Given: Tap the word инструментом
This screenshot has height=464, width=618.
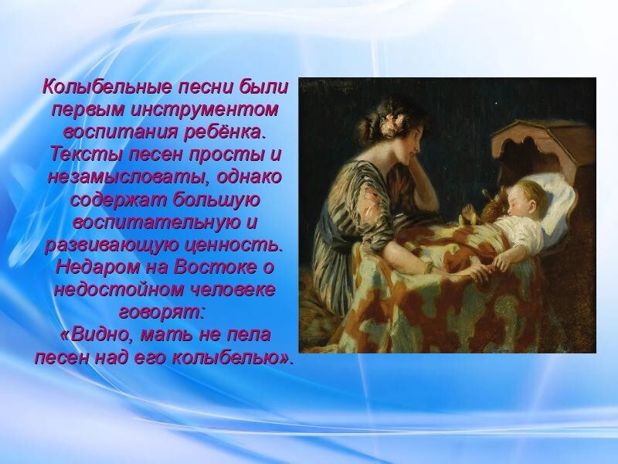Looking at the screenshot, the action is tap(205, 109).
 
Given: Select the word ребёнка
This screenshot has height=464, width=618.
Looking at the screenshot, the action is tap(222, 131).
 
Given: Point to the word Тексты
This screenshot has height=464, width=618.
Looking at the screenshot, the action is tap(87, 154).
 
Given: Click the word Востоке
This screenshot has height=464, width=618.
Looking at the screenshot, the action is tap(215, 268).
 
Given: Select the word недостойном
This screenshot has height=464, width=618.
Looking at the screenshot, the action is tap(120, 290).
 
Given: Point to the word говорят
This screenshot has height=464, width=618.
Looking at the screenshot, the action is tap(161, 313).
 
